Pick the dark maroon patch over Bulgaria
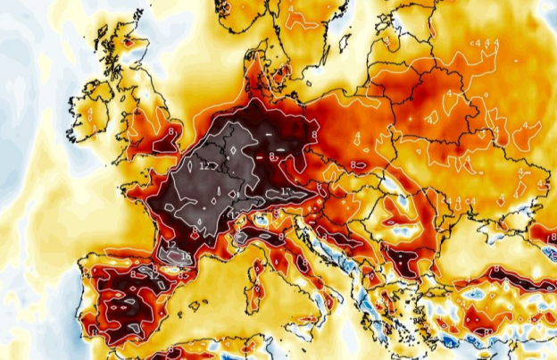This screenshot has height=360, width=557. pyautogui.click(x=409, y=260)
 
